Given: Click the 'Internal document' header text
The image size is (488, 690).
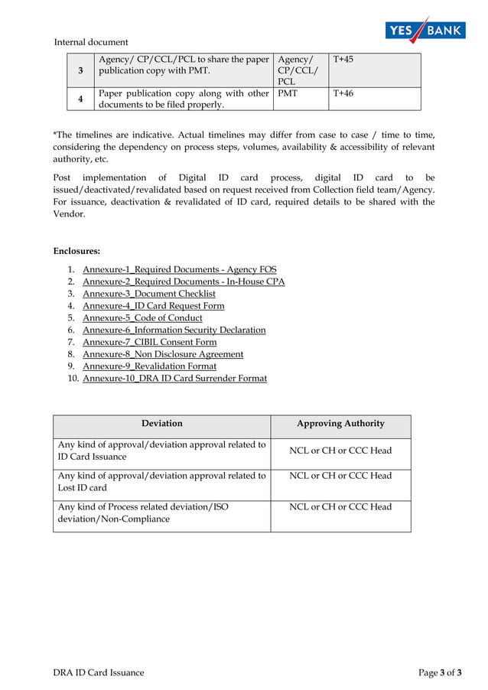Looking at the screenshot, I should pos(91,42).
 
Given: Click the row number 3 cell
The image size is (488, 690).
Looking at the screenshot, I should pos(80,70).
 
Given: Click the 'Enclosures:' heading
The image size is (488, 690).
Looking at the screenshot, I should pos(76,250).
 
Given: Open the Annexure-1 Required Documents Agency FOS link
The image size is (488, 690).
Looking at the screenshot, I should pos(179,269).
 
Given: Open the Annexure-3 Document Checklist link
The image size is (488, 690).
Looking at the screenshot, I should pos(148,294).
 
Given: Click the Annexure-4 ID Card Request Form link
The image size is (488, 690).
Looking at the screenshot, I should pos(153,306).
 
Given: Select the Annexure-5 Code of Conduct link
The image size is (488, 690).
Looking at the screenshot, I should pos(142,317).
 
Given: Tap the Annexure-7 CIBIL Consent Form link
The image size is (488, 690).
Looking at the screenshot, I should pos(149,342).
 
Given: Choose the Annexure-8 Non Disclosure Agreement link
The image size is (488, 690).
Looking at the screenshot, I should pos(163,354).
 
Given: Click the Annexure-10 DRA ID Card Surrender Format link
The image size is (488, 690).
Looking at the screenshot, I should pos(174,379).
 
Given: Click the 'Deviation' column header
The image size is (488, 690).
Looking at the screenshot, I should pos(161,423).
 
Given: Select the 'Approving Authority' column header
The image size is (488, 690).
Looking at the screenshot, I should pos(340,423).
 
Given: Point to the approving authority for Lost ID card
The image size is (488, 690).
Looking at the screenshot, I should pos(340,476).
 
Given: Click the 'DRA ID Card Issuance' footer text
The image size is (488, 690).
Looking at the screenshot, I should pos(98,672).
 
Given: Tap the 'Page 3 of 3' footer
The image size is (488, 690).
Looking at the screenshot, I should pos(440,672).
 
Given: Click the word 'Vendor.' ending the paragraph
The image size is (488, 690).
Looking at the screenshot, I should pos(69,215).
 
